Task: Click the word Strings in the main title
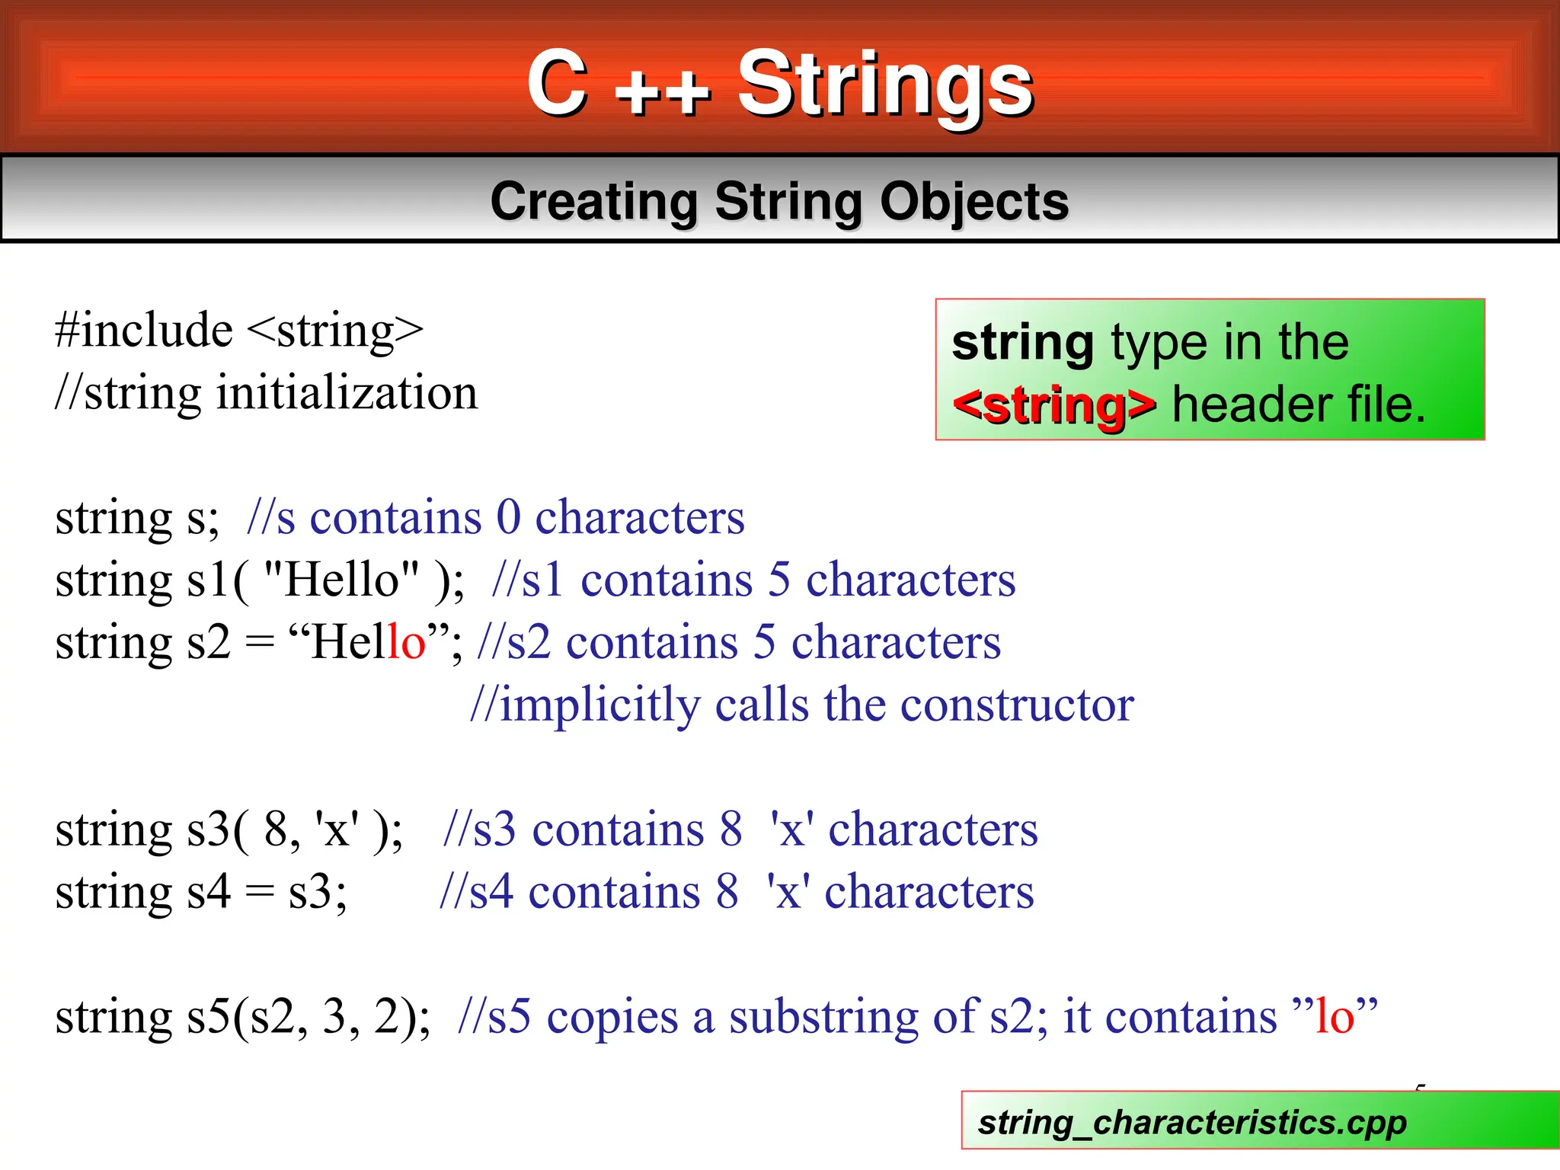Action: pos(885,84)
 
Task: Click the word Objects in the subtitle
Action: pos(974,202)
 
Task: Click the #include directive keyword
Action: pos(144,331)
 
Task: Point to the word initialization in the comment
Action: pos(347,393)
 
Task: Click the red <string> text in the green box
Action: pos(1054,404)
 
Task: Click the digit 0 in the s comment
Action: pos(509,518)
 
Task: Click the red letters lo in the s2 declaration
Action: pos(407,642)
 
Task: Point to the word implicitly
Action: pos(599,705)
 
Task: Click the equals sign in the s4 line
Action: pos(259,893)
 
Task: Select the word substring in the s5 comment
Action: pos(823,1017)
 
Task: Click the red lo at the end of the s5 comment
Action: pos(1335,1017)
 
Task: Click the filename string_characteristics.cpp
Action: pos(1192,1122)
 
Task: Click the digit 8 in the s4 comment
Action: pos(727,892)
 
